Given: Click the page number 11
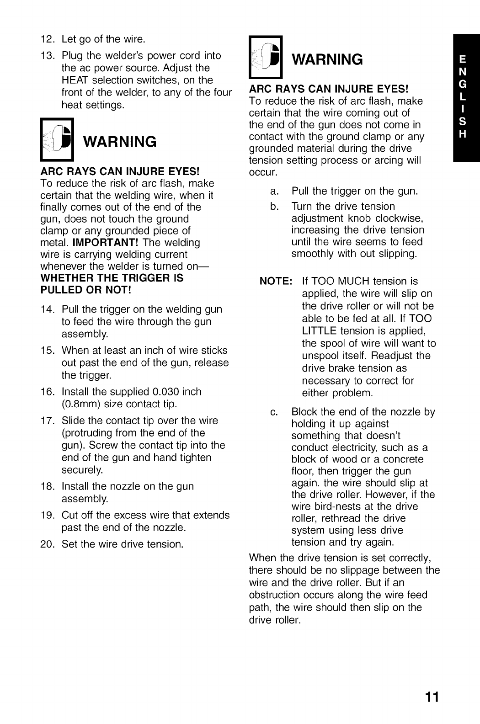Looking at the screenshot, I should pos(432,697).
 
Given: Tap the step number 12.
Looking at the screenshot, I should pos(48,39).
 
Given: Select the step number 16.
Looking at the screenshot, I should pos(48,392).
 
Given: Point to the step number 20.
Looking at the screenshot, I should pos(48,544).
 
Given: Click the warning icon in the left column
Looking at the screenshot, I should pos(57,140).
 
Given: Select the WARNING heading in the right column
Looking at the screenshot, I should pos(327,59).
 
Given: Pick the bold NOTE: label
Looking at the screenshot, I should pos(276,282).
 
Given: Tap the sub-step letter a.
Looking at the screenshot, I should pos(274,191).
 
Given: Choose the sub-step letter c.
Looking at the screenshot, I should pos(274,412).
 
